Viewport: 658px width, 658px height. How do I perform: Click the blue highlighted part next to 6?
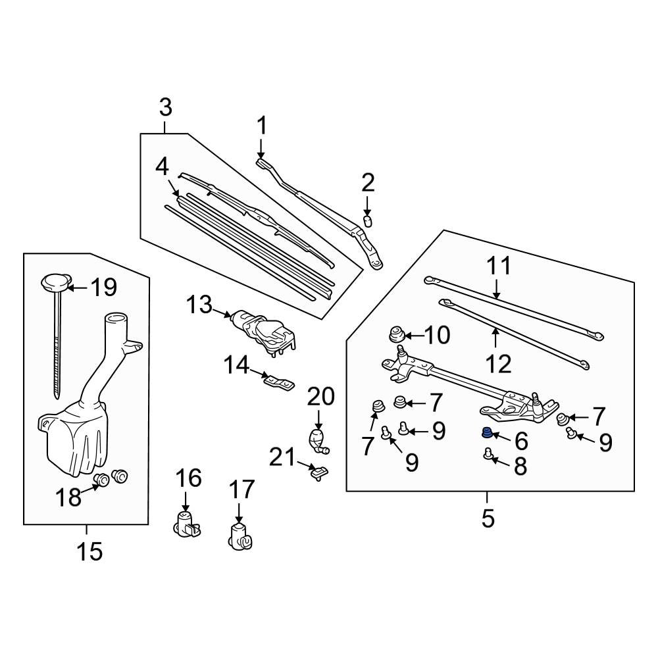coord(486,433)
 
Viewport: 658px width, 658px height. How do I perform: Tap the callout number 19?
coord(103,288)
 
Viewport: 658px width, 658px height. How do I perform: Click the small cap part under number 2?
coord(368,218)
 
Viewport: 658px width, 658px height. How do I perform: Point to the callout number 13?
coord(199,305)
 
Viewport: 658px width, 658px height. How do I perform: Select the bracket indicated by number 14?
coord(277,381)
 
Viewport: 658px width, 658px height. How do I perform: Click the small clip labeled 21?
coord(318,471)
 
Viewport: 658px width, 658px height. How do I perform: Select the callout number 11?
coord(499,266)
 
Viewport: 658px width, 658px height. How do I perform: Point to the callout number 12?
coord(499,363)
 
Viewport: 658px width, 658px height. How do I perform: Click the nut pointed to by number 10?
coord(397,334)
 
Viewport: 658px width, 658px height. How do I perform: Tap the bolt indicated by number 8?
coord(488,453)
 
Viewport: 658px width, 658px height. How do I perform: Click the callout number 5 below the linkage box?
coord(487,519)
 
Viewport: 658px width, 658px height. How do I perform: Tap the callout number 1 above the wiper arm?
coord(262,125)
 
